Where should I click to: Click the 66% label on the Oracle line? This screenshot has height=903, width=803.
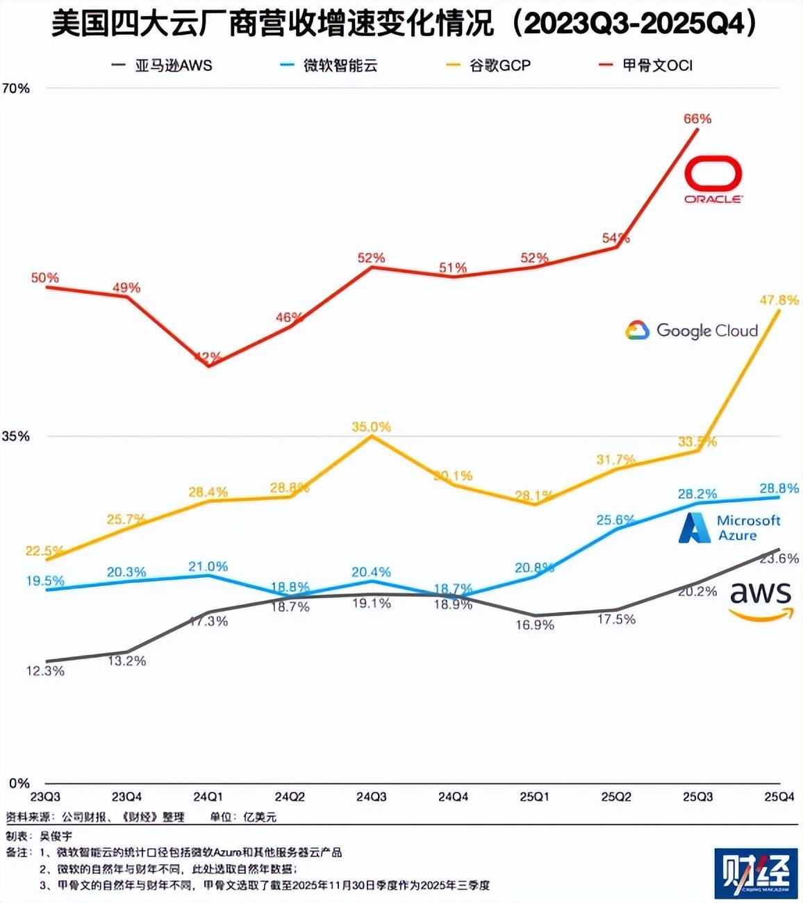pyautogui.click(x=697, y=119)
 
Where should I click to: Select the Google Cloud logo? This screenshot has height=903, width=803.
pyautogui.click(x=691, y=331)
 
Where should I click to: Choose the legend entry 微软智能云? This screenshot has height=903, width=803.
pyautogui.click(x=329, y=66)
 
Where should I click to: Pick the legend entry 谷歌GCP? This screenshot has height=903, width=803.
pyautogui.click(x=489, y=66)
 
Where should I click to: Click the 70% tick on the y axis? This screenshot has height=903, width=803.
pyautogui.click(x=16, y=88)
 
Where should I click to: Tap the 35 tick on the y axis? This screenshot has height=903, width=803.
pyautogui.click(x=16, y=436)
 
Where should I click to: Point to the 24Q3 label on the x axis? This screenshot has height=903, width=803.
pyautogui.click(x=372, y=797)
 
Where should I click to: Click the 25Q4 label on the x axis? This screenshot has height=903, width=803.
pyautogui.click(x=779, y=797)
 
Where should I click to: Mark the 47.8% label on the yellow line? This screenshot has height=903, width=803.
pyautogui.click(x=779, y=300)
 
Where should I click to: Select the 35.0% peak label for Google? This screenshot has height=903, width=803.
pyautogui.click(x=371, y=426)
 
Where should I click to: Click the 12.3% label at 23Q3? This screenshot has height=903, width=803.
pyautogui.click(x=45, y=671)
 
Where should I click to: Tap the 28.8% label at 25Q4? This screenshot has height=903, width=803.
pyautogui.click(x=779, y=488)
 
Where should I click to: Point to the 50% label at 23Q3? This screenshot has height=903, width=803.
pyautogui.click(x=44, y=278)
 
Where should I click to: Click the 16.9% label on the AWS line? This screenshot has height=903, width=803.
pyautogui.click(x=535, y=625)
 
